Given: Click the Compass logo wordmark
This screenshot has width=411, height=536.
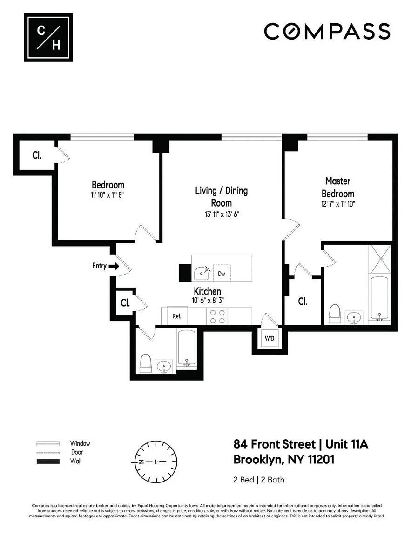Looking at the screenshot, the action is [327, 32].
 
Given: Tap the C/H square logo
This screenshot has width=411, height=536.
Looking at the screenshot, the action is [48, 38].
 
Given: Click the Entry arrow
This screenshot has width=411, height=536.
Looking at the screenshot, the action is [114, 266].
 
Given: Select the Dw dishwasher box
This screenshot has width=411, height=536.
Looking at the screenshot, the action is [222, 273].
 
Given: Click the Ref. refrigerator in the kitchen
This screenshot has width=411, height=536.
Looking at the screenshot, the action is [177, 316].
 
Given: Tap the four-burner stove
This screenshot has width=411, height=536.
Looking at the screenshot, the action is [217, 316].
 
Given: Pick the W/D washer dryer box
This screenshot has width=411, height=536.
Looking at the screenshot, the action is [270, 338].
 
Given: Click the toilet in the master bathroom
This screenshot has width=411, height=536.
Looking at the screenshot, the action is [335, 314].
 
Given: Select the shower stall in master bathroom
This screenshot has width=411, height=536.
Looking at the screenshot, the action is [380, 259].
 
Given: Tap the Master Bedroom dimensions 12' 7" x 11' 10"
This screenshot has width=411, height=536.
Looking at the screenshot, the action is [338, 204].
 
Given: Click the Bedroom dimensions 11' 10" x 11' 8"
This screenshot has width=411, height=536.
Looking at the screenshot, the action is [108, 195].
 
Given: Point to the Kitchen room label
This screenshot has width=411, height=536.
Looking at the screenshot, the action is [207, 291].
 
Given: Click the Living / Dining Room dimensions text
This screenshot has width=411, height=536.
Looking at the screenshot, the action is [222, 214].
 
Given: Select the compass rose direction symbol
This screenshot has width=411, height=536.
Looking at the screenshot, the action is [156, 462].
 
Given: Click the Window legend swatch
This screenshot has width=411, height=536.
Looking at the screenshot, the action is [48, 444].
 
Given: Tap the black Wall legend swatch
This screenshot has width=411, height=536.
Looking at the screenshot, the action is [48, 462].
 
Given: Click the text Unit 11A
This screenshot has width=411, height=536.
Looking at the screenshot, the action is [347, 444].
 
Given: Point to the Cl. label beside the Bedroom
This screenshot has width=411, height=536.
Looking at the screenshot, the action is [37, 155].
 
